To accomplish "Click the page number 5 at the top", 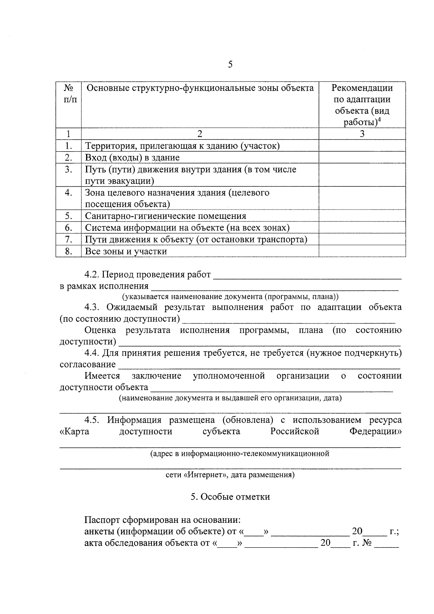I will [x=230, y=65].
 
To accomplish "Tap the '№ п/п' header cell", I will [x=69, y=93].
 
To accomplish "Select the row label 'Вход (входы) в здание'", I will [x=132, y=158].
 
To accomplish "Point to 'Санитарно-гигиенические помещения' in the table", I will [x=166, y=216].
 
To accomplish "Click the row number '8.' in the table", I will [x=69, y=251].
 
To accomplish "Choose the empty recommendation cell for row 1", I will [x=362, y=146].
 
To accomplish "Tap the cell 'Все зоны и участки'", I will [x=126, y=251].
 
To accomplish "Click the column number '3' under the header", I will [x=362, y=134].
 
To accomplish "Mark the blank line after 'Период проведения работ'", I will [x=307, y=276].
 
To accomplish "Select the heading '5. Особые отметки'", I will [x=230, y=497].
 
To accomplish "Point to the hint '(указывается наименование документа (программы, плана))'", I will [x=230, y=297].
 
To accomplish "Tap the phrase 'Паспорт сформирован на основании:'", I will [x=162, y=520].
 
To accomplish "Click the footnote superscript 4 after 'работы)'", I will [x=380, y=119].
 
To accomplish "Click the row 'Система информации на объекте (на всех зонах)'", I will [x=187, y=228].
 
